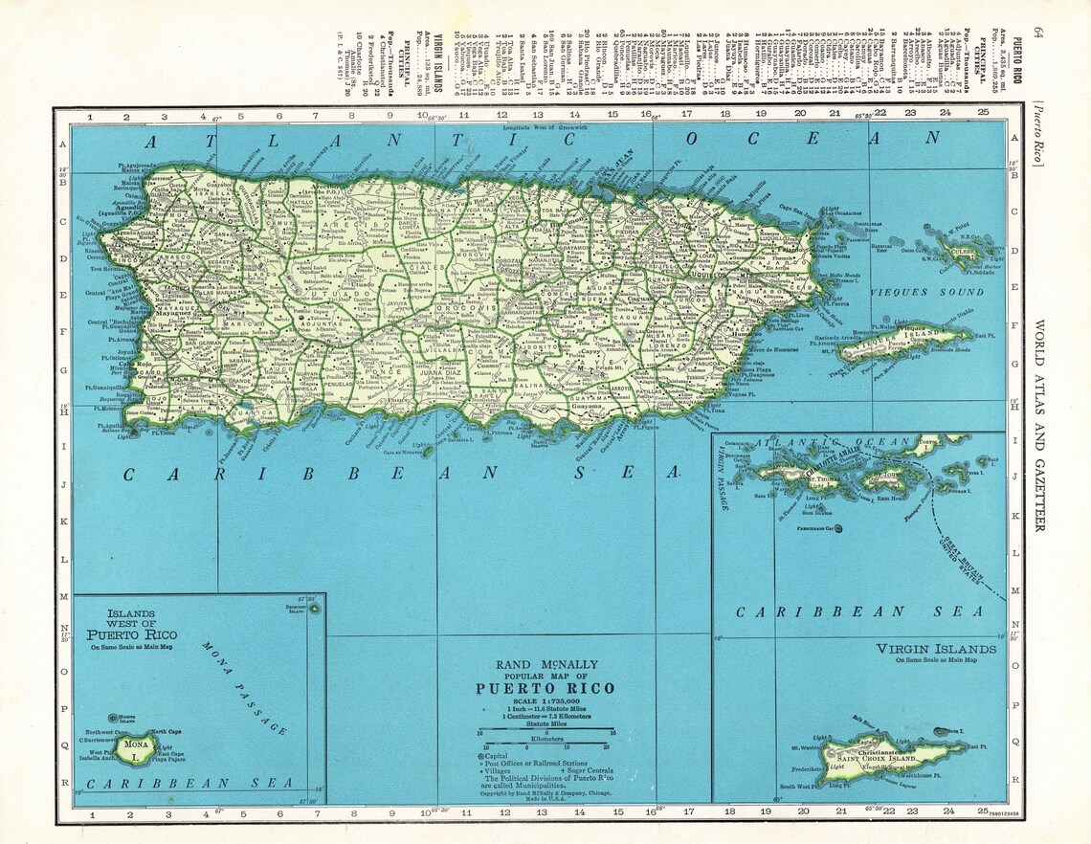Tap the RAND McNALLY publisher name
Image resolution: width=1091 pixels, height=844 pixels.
tap(545, 664)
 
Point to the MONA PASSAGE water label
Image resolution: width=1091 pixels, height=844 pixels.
tap(244, 687)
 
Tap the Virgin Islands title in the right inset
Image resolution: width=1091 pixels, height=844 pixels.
tap(936, 648)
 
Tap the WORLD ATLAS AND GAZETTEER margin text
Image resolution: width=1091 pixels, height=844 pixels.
tap(1039, 425)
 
